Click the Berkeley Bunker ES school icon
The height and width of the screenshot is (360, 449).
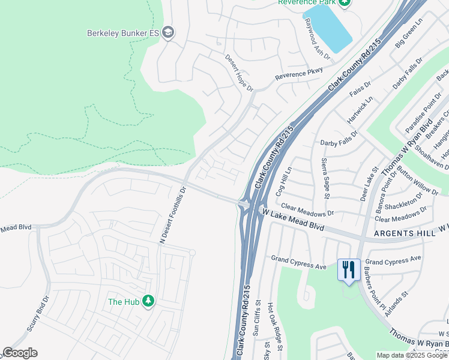(168, 32)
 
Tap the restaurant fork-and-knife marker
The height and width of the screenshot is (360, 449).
(349, 269)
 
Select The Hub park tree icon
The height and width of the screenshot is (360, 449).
(148, 302)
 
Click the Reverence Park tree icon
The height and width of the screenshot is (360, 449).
(344, 3)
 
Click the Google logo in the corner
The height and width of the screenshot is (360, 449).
(20, 353)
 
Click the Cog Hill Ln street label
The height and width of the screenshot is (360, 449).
(283, 182)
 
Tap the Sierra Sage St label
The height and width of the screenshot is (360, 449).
(325, 178)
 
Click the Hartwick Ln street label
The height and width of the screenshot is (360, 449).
(361, 110)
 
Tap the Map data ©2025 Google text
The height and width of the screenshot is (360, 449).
(412, 355)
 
